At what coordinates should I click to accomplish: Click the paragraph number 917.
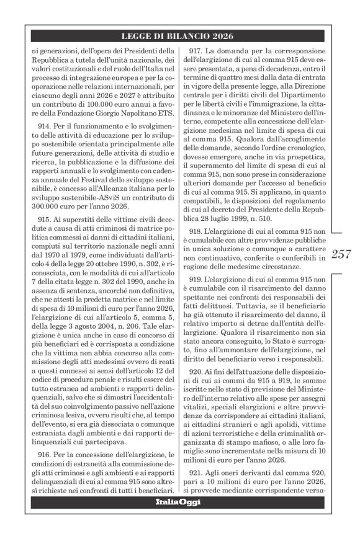[200, 50]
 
